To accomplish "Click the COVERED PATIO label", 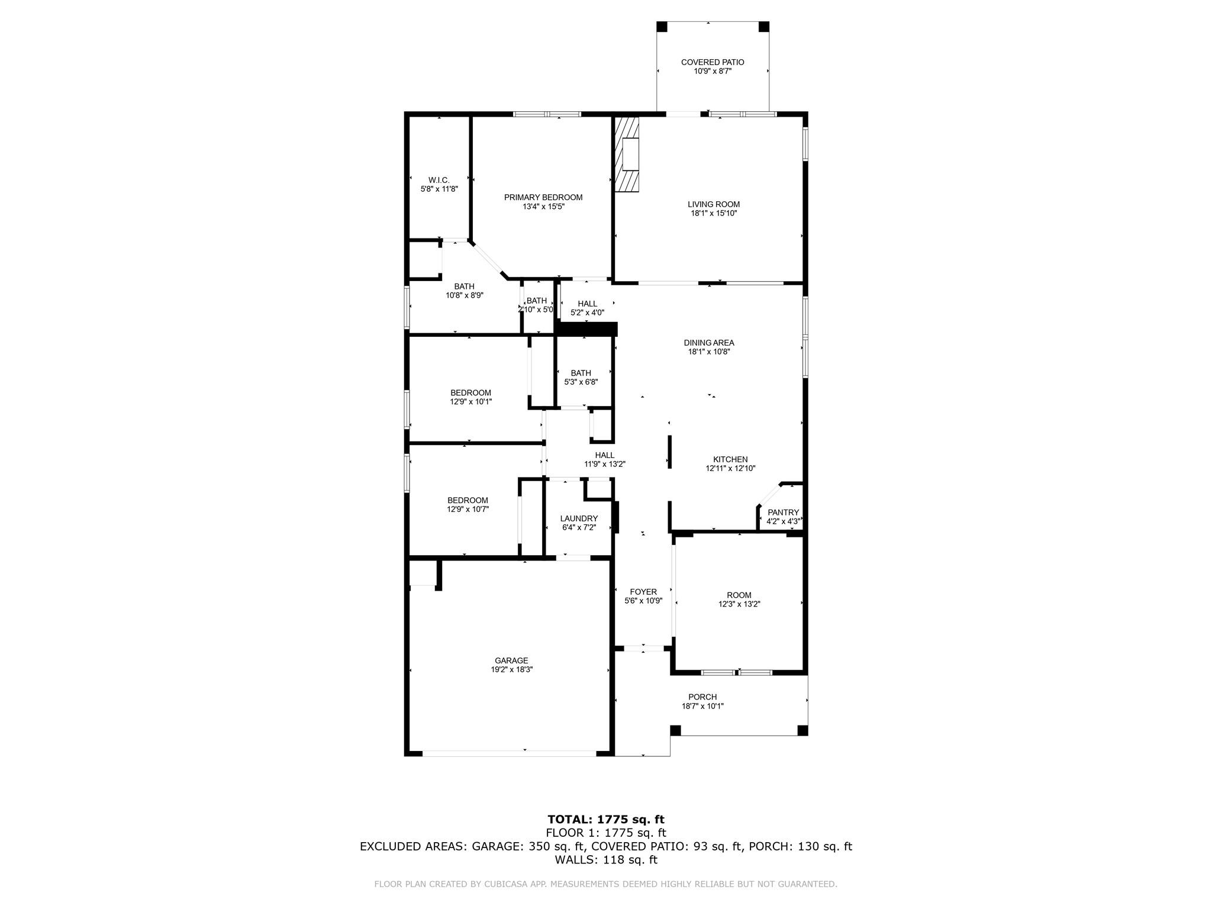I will (x=713, y=62).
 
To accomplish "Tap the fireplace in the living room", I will (x=627, y=154).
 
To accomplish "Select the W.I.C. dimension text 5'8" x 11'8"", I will (x=439, y=189).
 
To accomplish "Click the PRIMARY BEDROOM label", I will (x=543, y=198).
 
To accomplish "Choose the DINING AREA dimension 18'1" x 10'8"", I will (x=708, y=352).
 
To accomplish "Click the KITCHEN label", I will (x=730, y=459).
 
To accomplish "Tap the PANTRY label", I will (x=783, y=512).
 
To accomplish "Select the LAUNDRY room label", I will (x=579, y=518).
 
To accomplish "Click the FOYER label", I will (x=643, y=592).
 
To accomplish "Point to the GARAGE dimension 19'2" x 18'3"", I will (x=511, y=670).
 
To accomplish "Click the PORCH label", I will (x=702, y=697).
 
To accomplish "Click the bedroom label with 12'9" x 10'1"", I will (x=470, y=393).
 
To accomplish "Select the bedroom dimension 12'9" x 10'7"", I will (x=468, y=509).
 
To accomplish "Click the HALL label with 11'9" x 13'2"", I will (x=604, y=455).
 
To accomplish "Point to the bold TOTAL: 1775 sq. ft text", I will (x=605, y=820).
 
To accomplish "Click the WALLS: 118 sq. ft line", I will (x=605, y=860).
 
